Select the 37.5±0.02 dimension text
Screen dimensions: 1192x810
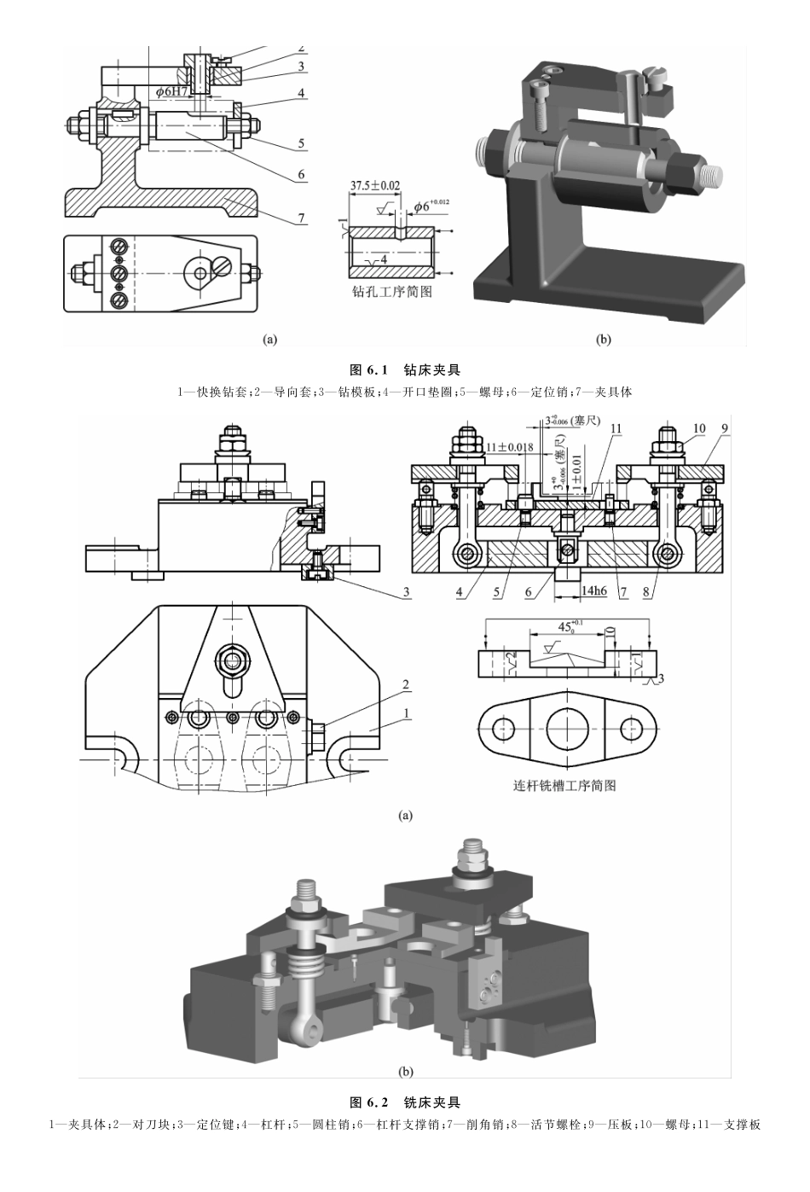pos(375,184)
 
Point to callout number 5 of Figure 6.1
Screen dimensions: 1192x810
pos(302,143)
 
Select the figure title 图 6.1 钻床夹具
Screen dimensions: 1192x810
pos(405,370)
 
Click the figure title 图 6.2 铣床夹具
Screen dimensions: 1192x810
pos(405,1102)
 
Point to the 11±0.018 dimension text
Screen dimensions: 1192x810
pos(510,447)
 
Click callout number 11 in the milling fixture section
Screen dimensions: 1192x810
pos(616,428)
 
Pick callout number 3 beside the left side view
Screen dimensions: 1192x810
pos(406,591)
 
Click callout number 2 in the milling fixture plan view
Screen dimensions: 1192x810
pos(406,685)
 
